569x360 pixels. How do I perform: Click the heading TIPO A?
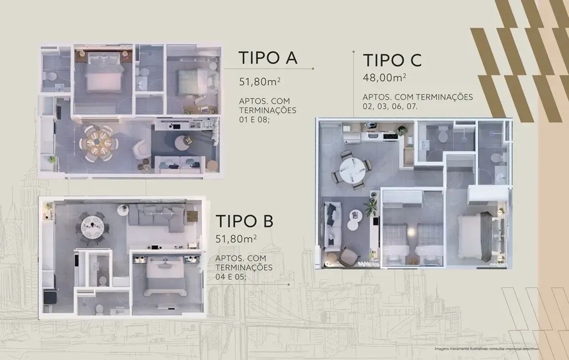click(268, 57)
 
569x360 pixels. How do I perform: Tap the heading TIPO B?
click(244, 221)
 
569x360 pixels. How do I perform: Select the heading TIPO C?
click(392, 60)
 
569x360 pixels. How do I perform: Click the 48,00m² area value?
click(385, 77)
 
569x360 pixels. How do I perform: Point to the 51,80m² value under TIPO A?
click(260, 81)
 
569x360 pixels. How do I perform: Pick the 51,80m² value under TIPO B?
click(236, 239)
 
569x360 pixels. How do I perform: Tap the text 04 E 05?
click(231, 277)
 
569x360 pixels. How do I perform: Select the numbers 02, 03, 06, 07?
click(390, 106)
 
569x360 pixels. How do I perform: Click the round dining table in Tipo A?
click(99, 144)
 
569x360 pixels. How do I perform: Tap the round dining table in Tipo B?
click(92, 227)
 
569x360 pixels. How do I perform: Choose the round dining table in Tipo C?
click(353, 170)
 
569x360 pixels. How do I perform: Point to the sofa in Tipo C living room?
click(333, 227)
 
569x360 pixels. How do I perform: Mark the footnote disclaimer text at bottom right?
click(486, 349)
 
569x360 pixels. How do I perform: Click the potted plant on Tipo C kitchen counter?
click(402, 130)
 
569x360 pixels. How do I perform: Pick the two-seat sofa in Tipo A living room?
click(180, 164)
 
